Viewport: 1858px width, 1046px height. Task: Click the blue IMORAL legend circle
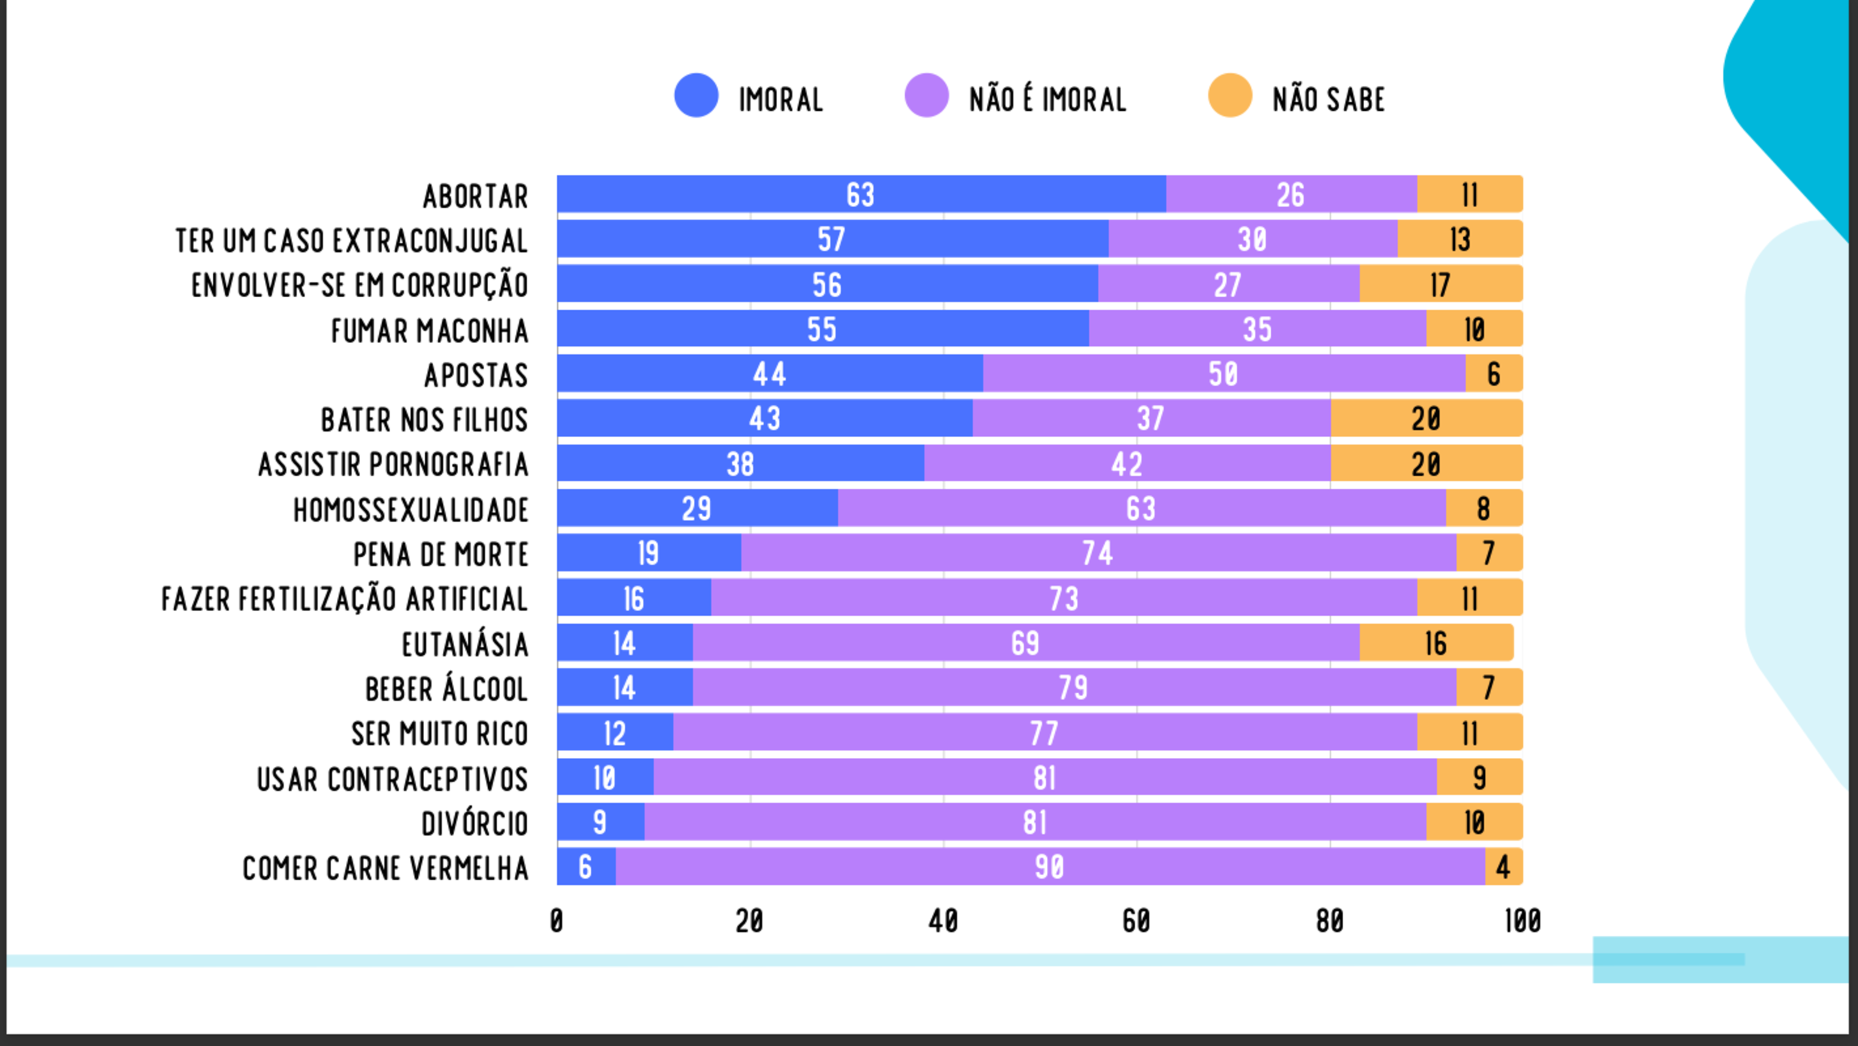click(696, 96)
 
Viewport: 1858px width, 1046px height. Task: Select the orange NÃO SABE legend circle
click(1230, 96)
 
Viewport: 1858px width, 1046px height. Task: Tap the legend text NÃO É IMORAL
click(1048, 100)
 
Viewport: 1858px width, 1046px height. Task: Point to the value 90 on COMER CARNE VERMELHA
click(1050, 866)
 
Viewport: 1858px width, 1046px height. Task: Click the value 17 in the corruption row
click(1440, 285)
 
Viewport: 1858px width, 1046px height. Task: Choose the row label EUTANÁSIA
click(465, 644)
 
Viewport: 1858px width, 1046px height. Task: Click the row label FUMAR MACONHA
click(430, 331)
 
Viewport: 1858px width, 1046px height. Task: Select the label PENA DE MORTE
click(441, 554)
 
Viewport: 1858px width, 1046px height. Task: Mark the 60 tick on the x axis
click(1136, 920)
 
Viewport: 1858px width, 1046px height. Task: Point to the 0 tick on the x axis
click(556, 920)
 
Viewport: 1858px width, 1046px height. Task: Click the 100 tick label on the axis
click(1523, 920)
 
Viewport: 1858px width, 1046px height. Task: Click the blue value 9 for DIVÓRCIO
click(599, 822)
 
